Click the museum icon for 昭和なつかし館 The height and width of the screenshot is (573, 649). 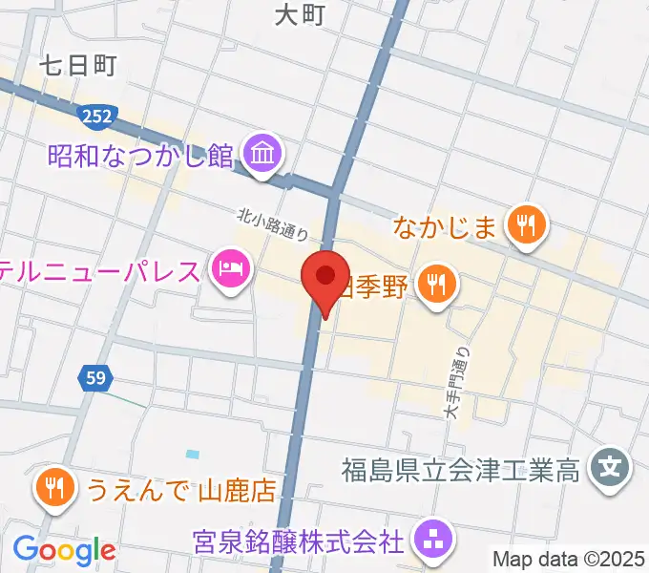[x=261, y=152]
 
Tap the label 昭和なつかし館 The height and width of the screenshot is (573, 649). [x=140, y=154]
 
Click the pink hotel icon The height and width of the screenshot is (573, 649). [x=230, y=270]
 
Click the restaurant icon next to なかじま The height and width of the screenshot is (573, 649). [x=525, y=226]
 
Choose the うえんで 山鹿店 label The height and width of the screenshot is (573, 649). [x=180, y=491]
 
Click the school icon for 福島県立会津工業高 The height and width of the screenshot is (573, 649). [x=608, y=469]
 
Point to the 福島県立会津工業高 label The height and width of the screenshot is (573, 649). [x=461, y=470]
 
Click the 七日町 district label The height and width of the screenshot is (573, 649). [x=78, y=66]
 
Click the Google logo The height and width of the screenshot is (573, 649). [x=64, y=550]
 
